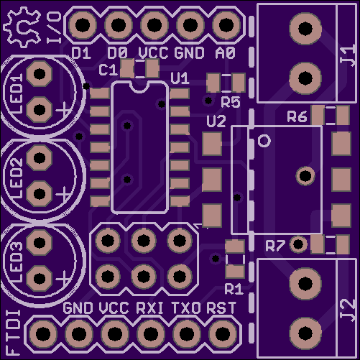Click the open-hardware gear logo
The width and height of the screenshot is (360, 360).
[x=22, y=27]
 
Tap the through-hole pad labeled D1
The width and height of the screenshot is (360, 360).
[x=83, y=25]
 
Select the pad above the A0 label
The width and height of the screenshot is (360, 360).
[x=226, y=25]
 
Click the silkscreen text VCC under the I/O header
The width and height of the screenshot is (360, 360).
[x=153, y=53]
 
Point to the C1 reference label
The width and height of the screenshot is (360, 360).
[x=109, y=70]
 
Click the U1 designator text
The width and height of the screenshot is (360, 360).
[x=180, y=78]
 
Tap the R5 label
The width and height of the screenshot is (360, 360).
[x=231, y=102]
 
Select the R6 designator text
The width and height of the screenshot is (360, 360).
[x=297, y=116]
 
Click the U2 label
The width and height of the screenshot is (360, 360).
[x=216, y=121]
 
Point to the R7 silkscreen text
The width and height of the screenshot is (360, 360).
[x=275, y=246]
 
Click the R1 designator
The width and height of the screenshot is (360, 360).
[x=234, y=289]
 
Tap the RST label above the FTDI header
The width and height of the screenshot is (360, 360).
[x=221, y=308]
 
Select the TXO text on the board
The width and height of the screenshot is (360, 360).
[x=186, y=308]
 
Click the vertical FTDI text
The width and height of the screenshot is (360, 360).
[x=13, y=332]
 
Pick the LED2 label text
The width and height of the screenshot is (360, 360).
[x=17, y=178]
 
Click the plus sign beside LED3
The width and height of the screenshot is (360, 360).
[x=64, y=279]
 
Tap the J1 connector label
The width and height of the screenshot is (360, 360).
[x=348, y=55]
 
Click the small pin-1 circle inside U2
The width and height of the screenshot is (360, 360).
[x=264, y=141]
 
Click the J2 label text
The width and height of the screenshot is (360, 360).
[x=348, y=310]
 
